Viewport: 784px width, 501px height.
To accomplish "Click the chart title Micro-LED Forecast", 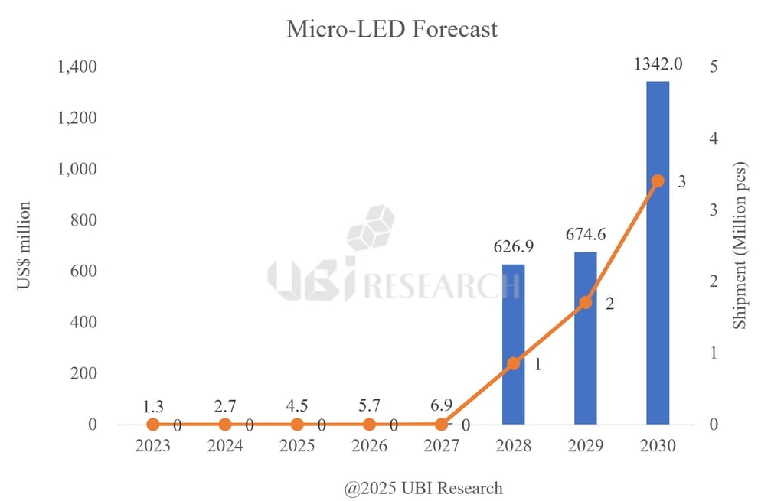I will coord(391,29).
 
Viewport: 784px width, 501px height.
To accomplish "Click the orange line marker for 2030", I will coord(658,181).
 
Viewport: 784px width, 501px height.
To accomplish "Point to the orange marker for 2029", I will coord(586,302).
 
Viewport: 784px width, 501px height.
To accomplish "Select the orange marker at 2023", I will coord(152,424).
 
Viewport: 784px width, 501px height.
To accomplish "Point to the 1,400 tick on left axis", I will coord(77,67).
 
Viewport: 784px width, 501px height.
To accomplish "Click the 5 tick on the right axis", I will coord(714,67).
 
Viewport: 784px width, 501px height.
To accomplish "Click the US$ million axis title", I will coord(24,246).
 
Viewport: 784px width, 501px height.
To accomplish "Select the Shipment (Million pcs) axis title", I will coord(740,246).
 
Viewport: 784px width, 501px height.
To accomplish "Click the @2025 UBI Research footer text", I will coord(423,488).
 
